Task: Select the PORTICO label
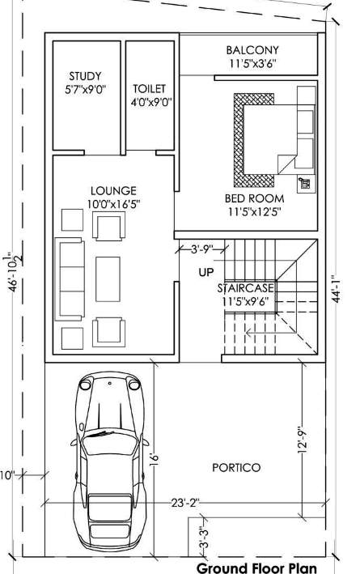point(236,467)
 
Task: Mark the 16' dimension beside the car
point(153,457)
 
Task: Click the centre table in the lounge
point(108,278)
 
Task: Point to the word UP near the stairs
point(205,272)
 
